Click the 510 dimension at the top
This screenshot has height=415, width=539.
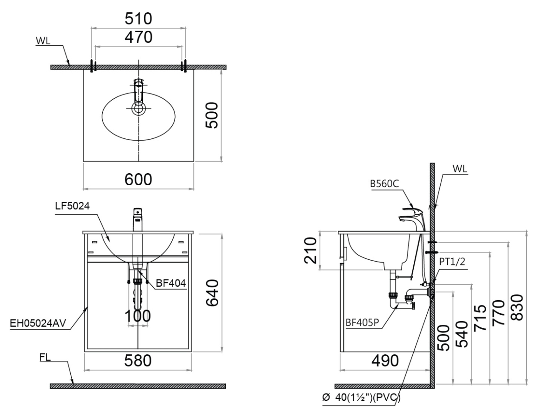coord(138,18)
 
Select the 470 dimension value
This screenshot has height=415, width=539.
coord(138,37)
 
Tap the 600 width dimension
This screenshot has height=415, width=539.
coord(138,179)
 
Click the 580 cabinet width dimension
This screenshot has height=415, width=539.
coord(138,360)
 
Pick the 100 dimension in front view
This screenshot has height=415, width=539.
coord(138,316)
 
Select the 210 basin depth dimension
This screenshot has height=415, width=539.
coord(310,251)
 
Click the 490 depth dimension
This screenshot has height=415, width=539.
coord(385,360)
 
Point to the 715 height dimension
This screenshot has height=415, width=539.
coord(480,318)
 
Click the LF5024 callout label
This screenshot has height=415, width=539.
coord(72,206)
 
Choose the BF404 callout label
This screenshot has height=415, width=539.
coord(171,283)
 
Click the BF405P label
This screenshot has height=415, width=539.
coord(362,323)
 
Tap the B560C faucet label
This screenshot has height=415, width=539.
coord(384,184)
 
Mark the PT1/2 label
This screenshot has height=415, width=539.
coord(452,262)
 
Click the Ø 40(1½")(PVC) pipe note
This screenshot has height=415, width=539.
coord(362,398)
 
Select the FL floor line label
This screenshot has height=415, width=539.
coord(45,357)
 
